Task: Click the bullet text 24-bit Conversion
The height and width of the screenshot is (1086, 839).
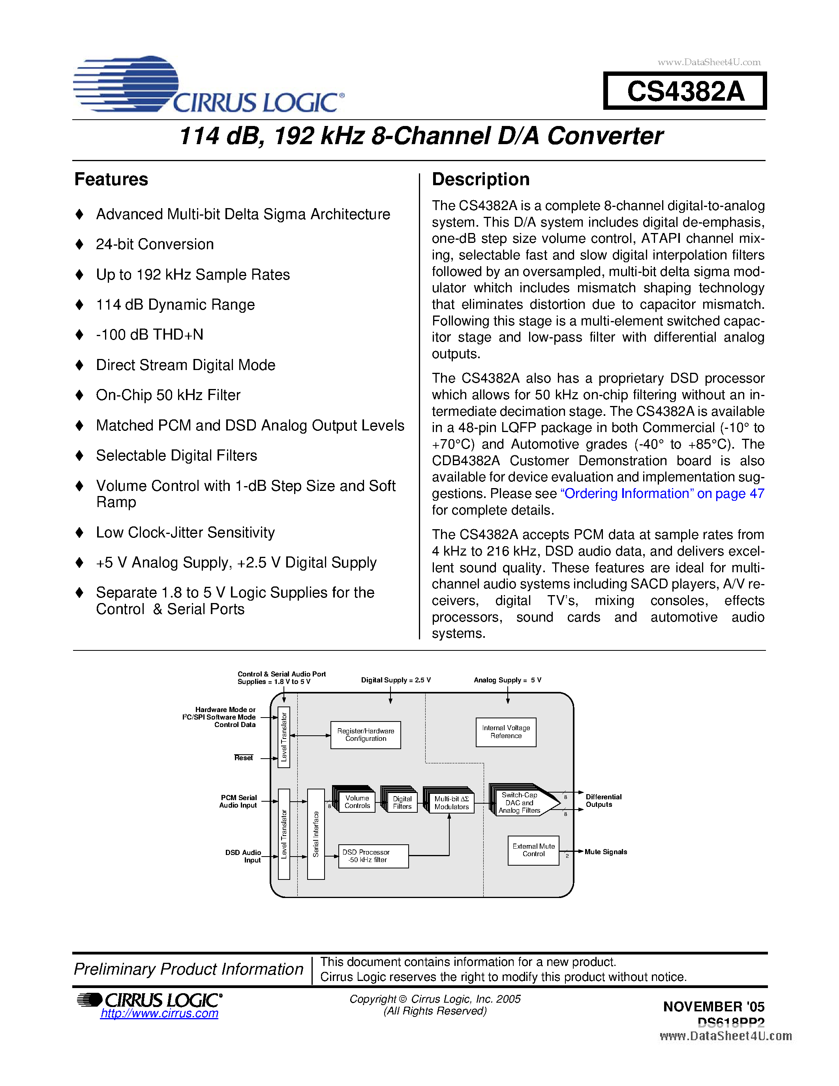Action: [x=155, y=244]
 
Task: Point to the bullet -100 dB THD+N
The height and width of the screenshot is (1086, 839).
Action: [x=150, y=334]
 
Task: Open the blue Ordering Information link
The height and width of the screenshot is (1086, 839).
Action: [x=662, y=494]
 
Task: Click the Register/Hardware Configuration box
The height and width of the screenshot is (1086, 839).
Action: [x=365, y=735]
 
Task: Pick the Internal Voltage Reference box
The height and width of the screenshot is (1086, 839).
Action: [x=505, y=732]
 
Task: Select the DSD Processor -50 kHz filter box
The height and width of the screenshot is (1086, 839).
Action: [x=373, y=856]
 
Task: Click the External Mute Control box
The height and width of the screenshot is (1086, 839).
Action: [x=533, y=850]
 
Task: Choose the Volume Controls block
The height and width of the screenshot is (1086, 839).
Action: [x=357, y=802]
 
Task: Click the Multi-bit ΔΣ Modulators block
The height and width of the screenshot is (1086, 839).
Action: [x=451, y=802]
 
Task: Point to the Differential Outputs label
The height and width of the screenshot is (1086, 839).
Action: [x=603, y=800]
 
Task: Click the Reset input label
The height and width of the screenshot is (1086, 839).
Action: [x=244, y=758]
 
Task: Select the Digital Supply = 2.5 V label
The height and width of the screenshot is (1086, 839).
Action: [x=396, y=680]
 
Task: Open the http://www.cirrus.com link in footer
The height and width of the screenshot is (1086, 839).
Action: [x=159, y=1013]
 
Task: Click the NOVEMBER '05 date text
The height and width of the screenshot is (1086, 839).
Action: [x=713, y=1007]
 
